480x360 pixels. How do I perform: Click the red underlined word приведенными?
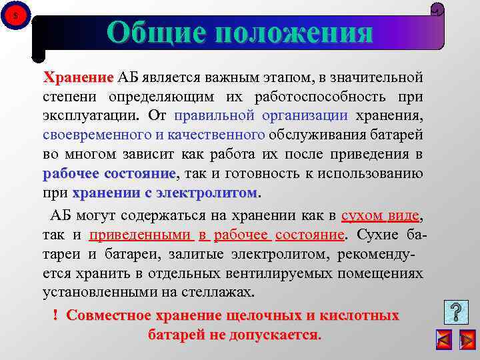[x=140, y=235]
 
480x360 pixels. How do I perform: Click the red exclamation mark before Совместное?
[x=55, y=315]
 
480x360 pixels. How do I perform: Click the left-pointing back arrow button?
[x=443, y=339]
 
